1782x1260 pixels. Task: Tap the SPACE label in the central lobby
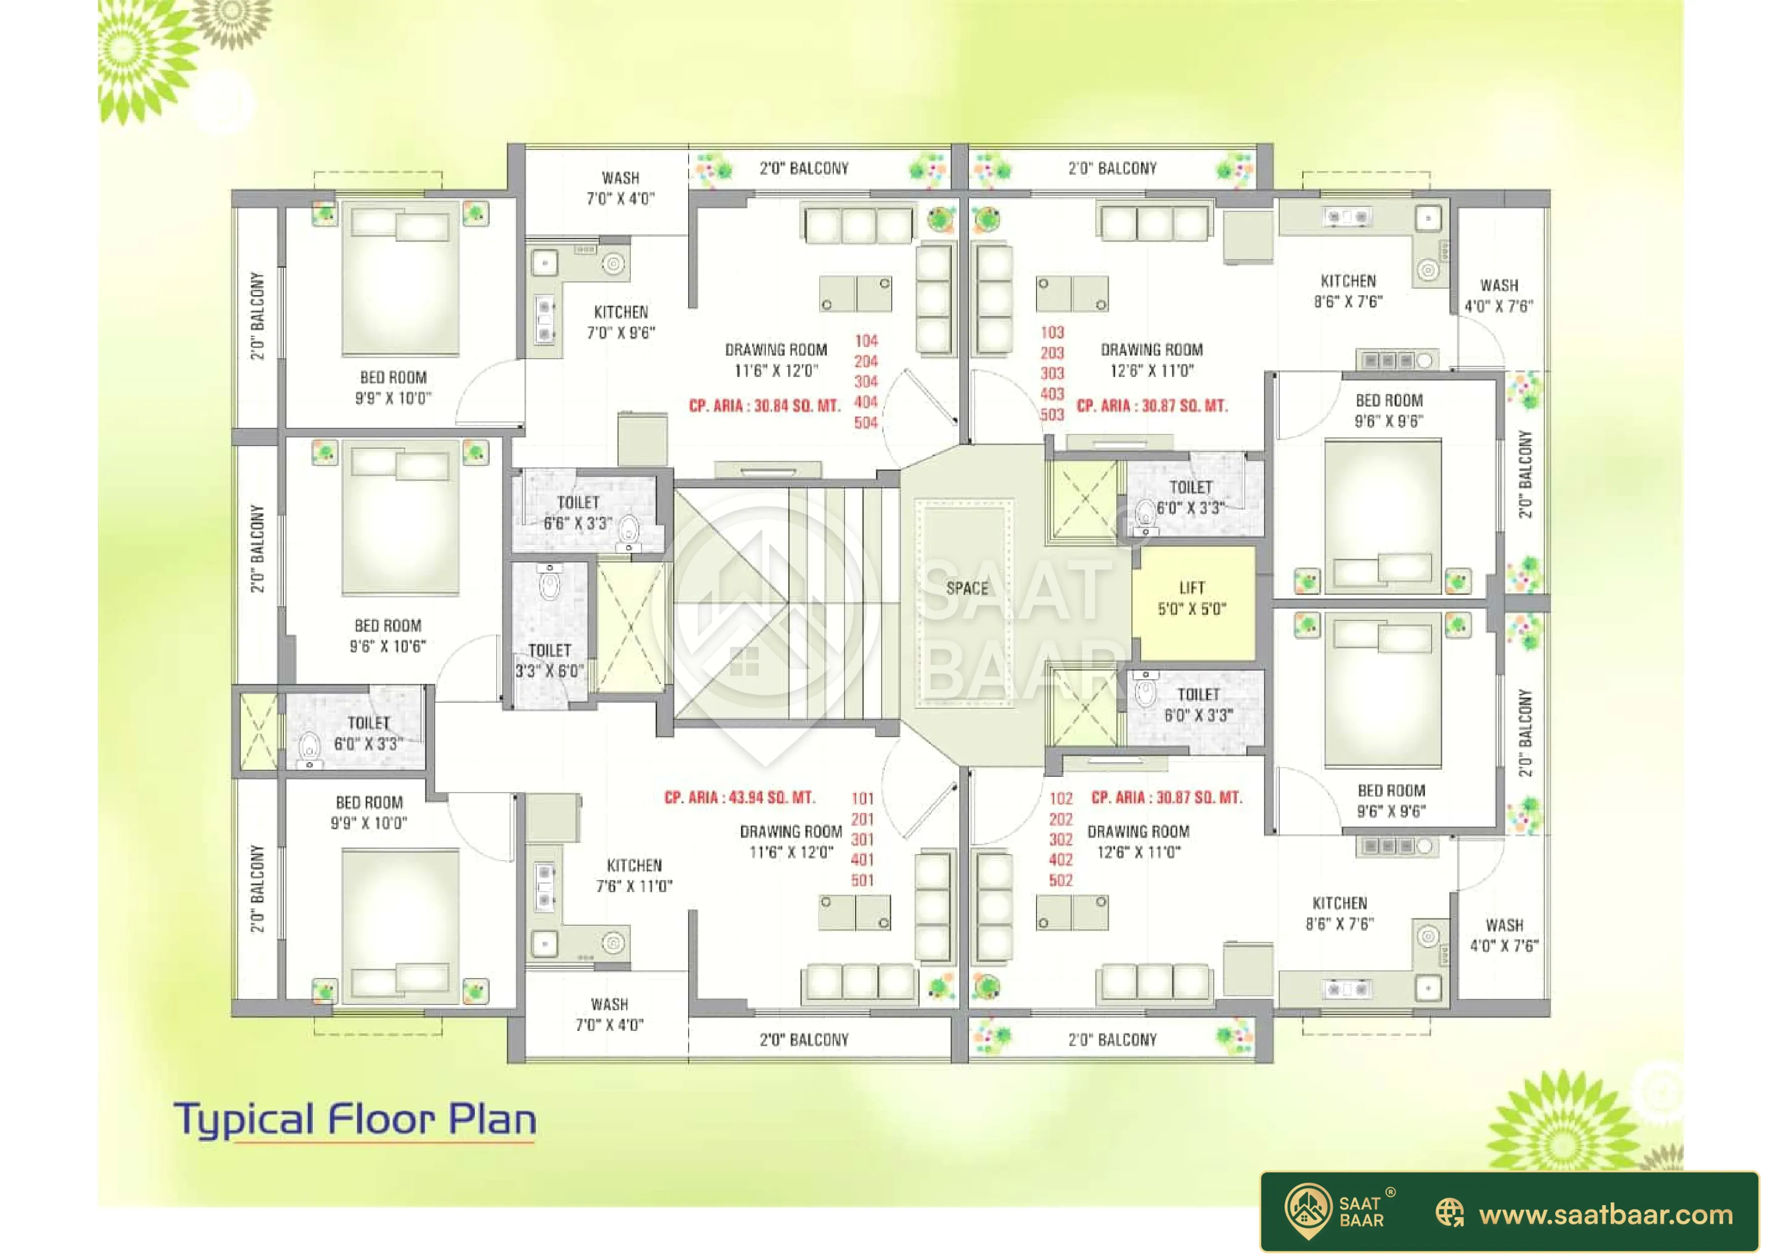[967, 588]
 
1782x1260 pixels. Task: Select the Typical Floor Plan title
[354, 1120]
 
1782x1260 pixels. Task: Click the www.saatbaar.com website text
[1606, 1214]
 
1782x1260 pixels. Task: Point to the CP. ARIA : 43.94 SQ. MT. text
[739, 797]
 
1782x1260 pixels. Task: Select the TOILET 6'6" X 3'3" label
[577, 513]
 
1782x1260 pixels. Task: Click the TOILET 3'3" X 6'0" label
[549, 660]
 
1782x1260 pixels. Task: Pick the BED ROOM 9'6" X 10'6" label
[387, 636]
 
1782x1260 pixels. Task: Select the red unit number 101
[862, 799]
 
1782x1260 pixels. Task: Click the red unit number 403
[1052, 394]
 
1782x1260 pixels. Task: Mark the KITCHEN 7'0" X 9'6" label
[621, 322]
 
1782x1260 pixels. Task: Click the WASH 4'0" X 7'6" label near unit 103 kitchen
[1499, 296]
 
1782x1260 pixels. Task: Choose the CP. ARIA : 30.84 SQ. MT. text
[764, 405]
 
